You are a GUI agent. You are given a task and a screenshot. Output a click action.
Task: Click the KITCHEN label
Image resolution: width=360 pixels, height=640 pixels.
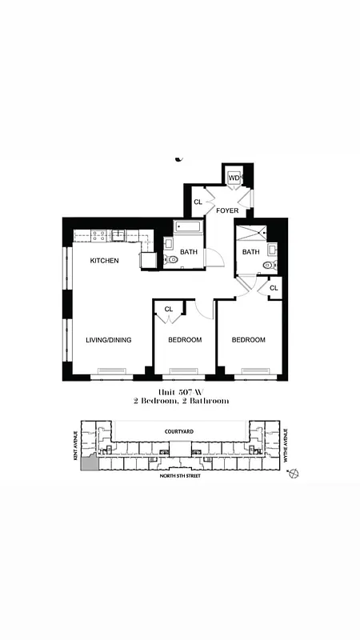(x=105, y=261)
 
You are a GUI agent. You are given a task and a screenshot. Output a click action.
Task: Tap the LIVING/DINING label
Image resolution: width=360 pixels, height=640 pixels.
(x=109, y=340)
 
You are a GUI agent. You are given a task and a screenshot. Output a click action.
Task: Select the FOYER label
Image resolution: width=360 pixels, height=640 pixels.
(x=227, y=211)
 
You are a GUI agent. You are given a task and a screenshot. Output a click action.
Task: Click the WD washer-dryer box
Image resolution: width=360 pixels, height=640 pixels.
(x=234, y=178)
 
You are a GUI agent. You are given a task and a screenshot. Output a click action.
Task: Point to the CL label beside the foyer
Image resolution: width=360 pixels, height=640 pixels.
(x=198, y=202)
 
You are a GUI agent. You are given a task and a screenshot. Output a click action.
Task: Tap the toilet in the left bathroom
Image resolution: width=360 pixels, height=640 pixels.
(x=172, y=260)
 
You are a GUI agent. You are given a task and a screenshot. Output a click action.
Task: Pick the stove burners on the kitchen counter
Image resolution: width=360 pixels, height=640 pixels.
(x=99, y=235)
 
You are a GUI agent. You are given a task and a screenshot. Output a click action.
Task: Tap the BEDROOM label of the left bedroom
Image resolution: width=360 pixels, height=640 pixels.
(x=184, y=340)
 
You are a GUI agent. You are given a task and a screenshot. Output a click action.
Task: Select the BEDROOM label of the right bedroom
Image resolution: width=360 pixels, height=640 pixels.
(x=248, y=340)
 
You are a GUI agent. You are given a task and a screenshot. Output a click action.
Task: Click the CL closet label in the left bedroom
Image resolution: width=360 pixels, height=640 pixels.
(x=169, y=309)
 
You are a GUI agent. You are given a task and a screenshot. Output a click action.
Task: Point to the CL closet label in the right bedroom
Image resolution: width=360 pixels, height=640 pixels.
(x=274, y=288)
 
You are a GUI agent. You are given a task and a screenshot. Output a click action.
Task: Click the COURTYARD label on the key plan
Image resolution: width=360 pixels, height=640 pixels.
(x=181, y=430)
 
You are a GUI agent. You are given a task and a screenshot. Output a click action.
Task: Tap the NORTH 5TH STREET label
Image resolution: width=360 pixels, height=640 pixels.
(x=179, y=476)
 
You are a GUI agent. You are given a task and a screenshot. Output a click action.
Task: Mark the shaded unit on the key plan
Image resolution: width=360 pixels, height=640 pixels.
(x=90, y=462)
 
